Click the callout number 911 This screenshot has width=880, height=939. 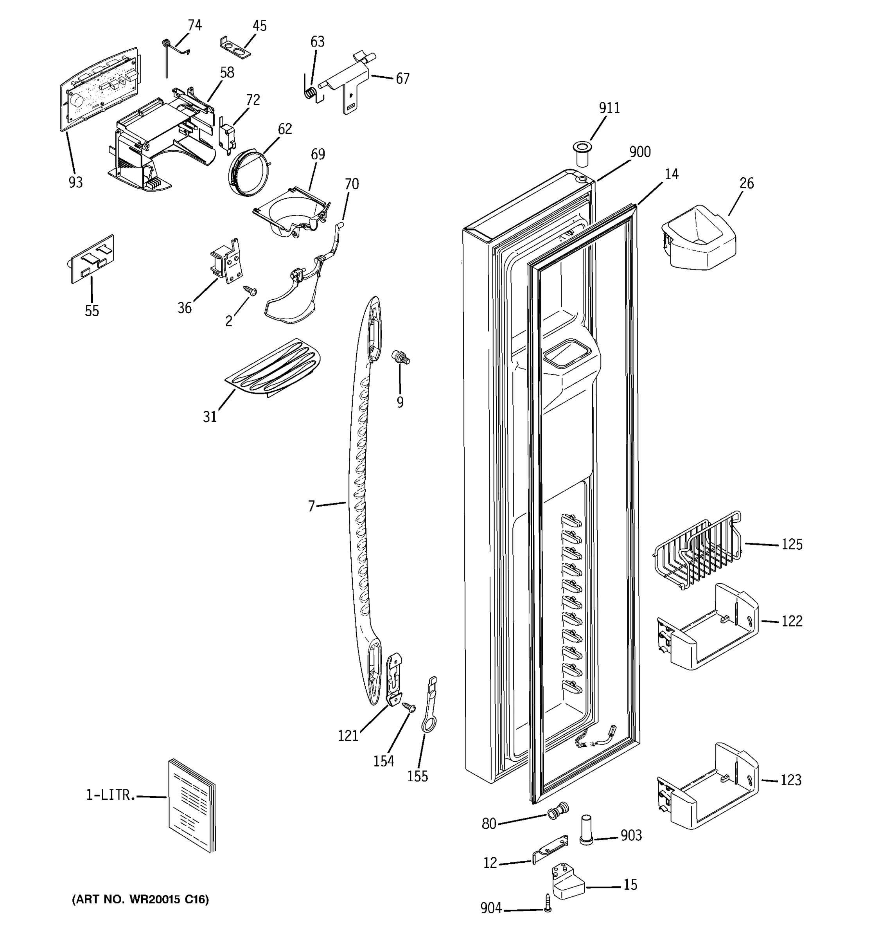[x=609, y=108]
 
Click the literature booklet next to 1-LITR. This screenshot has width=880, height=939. [x=191, y=805]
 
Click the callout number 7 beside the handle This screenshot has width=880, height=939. [x=311, y=506]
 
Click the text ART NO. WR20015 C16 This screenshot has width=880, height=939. [x=140, y=899]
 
